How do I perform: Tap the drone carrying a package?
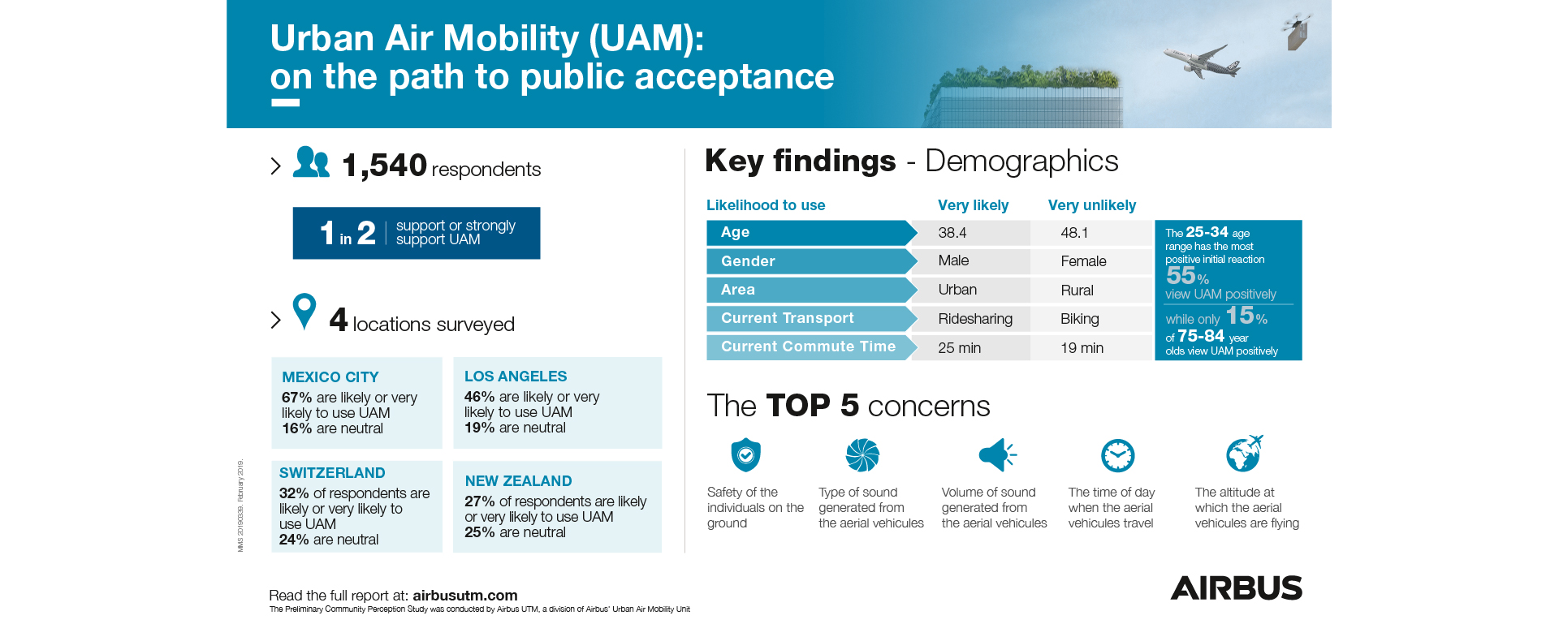(1297, 30)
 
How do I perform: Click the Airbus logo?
(1236, 587)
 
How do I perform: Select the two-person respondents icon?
(311, 162)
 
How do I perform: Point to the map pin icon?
(304, 311)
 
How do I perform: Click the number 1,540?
(384, 166)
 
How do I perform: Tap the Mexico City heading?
(330, 377)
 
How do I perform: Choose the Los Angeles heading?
(516, 377)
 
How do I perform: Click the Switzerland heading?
(332, 473)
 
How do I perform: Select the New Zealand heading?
(518, 481)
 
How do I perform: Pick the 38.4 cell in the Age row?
(952, 233)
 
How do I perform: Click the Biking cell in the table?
(1079, 319)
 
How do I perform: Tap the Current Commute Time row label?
(808, 346)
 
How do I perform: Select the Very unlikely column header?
(1091, 205)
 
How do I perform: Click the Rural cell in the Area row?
(1077, 290)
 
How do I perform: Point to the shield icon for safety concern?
(745, 455)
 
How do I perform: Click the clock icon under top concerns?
(1117, 455)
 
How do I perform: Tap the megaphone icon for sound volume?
(997, 455)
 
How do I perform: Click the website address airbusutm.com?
(464, 596)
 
